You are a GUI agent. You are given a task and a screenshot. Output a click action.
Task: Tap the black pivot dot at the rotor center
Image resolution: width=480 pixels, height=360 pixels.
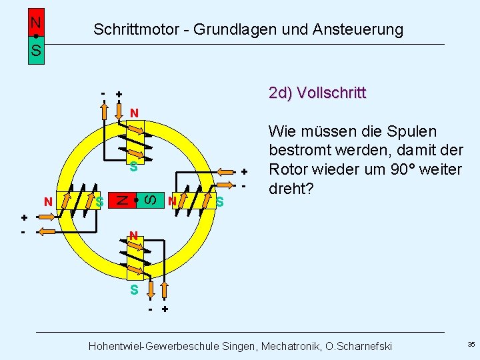tap(135, 199)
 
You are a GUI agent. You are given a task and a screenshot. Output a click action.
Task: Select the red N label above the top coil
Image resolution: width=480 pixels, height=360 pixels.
tap(134, 113)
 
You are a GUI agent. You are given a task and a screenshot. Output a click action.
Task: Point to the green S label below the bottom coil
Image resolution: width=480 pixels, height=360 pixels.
tap(134, 290)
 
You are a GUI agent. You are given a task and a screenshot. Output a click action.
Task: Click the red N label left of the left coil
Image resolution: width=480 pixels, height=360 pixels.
tap(47, 201)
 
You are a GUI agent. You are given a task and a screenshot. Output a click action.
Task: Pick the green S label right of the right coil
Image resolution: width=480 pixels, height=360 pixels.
tap(219, 201)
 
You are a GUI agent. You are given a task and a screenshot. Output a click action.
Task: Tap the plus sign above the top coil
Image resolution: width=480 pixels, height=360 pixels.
tap(119, 95)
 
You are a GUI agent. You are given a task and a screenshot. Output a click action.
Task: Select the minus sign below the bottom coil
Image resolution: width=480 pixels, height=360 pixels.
tap(151, 310)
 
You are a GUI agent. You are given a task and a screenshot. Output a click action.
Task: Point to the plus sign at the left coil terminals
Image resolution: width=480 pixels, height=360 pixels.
tap(24, 217)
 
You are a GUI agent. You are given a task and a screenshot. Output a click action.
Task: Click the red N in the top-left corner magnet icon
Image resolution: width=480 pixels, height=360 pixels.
tap(36, 21)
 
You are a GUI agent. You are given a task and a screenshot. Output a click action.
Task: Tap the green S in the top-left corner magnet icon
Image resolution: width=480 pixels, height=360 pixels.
tap(36, 50)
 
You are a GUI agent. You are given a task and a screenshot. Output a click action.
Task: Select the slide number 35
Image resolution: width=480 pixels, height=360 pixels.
tap(471, 345)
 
